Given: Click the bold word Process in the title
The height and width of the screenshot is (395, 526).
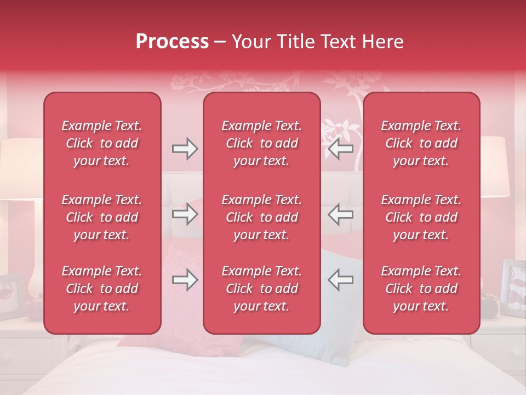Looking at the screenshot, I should point(172,42).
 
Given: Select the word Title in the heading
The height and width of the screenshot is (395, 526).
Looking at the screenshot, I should point(294,42).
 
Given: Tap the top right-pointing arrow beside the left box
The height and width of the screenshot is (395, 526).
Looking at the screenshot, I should point(185,149).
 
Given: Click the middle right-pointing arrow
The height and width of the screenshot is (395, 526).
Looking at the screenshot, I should point(185,215).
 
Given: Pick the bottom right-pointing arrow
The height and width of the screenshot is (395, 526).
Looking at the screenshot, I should point(185,280).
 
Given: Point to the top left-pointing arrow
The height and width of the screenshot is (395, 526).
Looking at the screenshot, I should point(340,149).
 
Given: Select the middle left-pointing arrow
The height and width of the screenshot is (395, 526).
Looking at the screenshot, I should point(340,215).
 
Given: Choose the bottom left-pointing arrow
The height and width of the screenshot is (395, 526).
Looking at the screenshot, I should point(340,280).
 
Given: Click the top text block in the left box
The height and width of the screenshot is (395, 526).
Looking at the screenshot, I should point(101,143).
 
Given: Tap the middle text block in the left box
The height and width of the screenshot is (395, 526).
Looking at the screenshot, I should point(101,217).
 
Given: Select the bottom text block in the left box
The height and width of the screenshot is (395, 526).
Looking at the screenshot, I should point(101,289).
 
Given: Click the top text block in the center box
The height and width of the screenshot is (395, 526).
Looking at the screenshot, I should point(261,143).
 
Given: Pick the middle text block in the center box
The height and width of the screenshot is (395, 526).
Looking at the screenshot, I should point(261,217).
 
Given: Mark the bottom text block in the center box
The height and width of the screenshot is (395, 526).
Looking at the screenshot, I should point(261,289).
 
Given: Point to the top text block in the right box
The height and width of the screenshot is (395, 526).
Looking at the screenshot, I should point(421,143).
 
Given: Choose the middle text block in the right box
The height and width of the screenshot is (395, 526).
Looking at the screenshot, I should point(421,217).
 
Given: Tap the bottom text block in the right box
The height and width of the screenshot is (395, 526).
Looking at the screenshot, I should point(421,289).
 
